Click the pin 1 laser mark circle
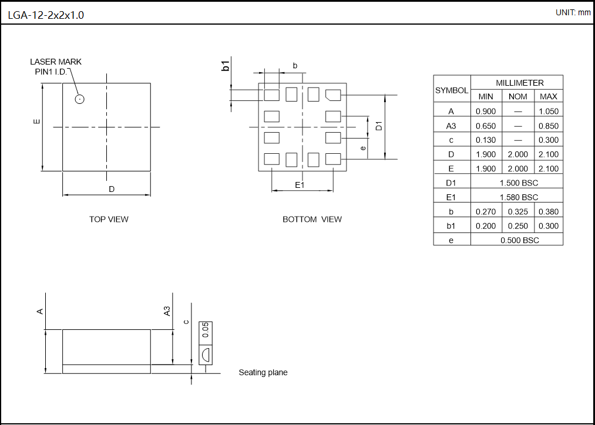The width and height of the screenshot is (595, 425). tap(80, 99)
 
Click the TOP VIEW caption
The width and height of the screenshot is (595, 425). tap(109, 220)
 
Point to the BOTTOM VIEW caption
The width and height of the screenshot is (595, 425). tap(312, 220)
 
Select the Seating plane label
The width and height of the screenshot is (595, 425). tap(263, 373)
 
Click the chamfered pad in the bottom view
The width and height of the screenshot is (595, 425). tap(333, 94)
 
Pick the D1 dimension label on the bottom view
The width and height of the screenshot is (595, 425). tap(379, 126)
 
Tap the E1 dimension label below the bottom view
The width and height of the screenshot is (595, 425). tap(300, 185)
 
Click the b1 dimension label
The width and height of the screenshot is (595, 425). tap(226, 65)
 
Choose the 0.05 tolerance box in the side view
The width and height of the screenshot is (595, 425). tap(205, 330)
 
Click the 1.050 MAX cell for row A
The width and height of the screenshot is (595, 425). tap(548, 111)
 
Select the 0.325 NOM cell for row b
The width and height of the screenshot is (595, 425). tap(517, 212)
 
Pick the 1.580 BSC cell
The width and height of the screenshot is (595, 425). tap(517, 197)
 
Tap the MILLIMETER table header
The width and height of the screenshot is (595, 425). tap(517, 83)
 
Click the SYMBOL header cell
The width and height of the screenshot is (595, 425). tap(452, 90)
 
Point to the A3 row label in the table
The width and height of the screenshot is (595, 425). tap(451, 126)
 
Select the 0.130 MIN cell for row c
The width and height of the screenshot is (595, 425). tap(486, 140)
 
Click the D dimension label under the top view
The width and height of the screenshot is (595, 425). tap(111, 189)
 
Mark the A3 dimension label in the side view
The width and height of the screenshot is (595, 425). tap(167, 311)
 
